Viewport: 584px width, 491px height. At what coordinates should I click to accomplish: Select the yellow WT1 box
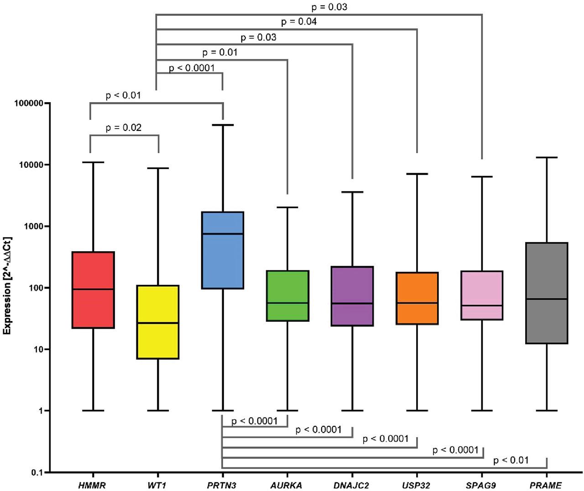(x=158, y=322)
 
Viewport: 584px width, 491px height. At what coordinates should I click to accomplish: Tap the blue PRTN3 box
(x=223, y=250)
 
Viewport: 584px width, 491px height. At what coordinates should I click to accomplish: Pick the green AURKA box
(x=287, y=295)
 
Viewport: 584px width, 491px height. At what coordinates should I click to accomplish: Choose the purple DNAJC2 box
(x=352, y=296)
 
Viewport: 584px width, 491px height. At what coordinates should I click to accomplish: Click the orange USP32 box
(x=417, y=298)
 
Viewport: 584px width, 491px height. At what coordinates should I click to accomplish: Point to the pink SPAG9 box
(x=482, y=295)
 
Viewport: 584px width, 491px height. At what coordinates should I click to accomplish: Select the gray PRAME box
(x=547, y=293)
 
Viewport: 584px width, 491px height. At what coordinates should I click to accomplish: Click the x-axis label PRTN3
(x=222, y=486)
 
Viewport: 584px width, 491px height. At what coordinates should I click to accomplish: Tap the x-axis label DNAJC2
(x=351, y=486)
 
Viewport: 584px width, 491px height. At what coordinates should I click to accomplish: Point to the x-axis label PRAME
(x=546, y=486)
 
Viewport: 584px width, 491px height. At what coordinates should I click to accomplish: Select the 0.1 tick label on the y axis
(x=36, y=473)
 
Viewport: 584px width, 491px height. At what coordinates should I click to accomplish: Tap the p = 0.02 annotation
(x=124, y=128)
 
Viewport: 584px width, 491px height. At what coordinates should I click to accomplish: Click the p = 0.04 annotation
(x=299, y=21)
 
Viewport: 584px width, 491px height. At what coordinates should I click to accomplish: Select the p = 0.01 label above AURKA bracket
(x=220, y=52)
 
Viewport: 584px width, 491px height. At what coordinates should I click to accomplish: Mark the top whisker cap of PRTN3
(x=223, y=125)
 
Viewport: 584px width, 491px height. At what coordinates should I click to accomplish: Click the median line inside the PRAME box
(x=547, y=299)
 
